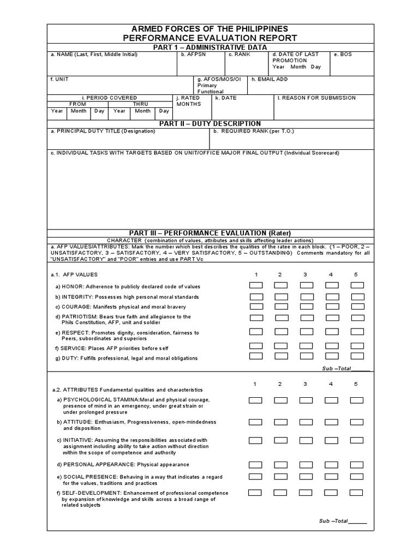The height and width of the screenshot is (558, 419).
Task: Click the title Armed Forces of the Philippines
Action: click(x=210, y=28)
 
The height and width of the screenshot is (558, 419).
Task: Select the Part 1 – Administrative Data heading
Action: click(x=210, y=47)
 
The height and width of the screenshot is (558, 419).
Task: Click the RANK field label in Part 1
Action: click(x=238, y=54)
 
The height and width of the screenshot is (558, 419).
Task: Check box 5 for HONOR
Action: click(x=357, y=286)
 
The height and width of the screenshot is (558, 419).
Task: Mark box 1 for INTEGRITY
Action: click(x=256, y=296)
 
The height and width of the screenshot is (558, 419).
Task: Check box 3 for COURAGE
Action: click(x=307, y=307)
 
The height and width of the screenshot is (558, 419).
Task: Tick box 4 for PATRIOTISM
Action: click(x=332, y=318)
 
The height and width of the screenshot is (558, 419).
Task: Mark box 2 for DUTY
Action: click(x=281, y=356)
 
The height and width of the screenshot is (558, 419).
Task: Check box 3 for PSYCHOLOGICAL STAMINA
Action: click(x=307, y=401)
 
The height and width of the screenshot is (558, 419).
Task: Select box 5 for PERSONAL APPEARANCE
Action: click(x=357, y=465)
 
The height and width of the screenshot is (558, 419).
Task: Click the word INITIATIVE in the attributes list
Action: click(x=77, y=440)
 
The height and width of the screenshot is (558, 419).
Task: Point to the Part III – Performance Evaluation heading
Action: click(x=210, y=233)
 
